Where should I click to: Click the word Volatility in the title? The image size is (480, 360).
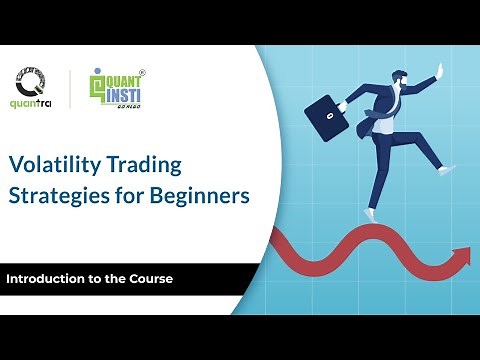51,163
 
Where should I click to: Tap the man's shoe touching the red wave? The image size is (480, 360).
371,213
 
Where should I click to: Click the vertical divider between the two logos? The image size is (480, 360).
70,88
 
